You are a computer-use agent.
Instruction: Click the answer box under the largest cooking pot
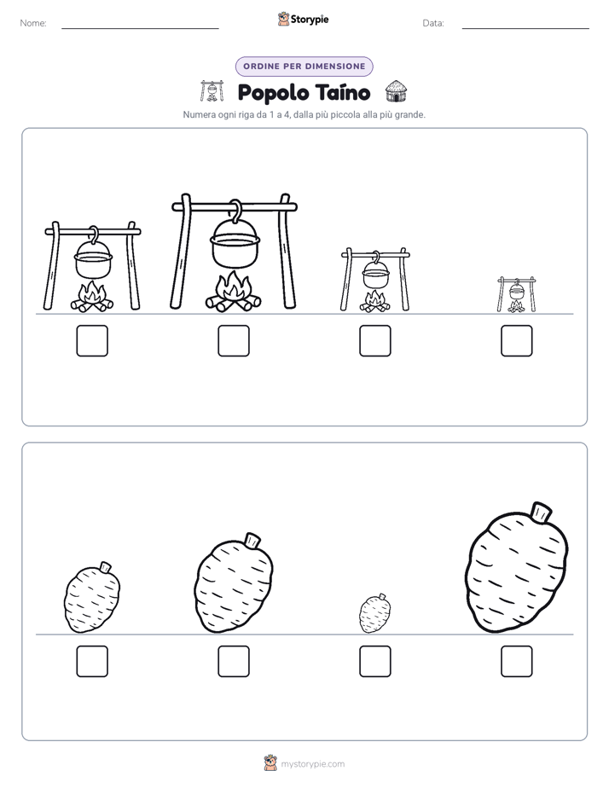click(x=234, y=341)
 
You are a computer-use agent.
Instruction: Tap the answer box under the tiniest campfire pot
click(x=517, y=341)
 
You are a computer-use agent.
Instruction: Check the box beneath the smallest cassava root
click(x=374, y=662)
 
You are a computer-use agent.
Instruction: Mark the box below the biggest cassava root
click(x=517, y=662)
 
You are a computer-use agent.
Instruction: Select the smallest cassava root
click(x=375, y=614)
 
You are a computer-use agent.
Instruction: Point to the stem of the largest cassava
click(x=541, y=512)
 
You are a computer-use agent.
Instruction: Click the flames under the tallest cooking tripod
click(x=233, y=292)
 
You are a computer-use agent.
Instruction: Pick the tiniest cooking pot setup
click(x=517, y=294)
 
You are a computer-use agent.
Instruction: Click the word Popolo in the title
click(x=273, y=93)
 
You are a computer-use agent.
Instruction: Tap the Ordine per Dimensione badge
click(x=304, y=67)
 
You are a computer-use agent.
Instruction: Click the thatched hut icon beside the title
click(x=397, y=91)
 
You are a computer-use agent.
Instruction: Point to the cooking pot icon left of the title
click(x=212, y=91)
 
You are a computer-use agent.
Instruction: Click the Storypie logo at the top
click(x=303, y=20)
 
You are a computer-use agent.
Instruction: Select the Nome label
click(x=33, y=23)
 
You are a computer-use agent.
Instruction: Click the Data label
click(x=433, y=23)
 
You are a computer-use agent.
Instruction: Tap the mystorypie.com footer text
click(x=312, y=764)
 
